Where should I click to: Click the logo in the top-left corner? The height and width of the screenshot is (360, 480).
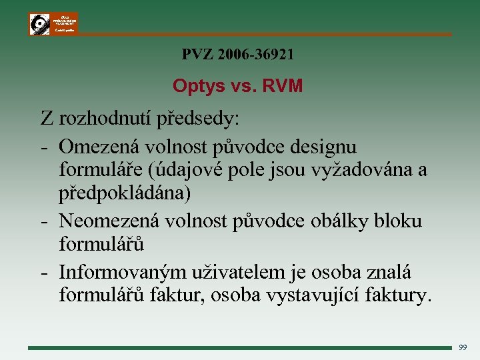53,23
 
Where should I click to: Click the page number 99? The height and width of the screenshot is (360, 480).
463,347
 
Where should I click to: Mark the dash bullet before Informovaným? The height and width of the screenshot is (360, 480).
43,272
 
